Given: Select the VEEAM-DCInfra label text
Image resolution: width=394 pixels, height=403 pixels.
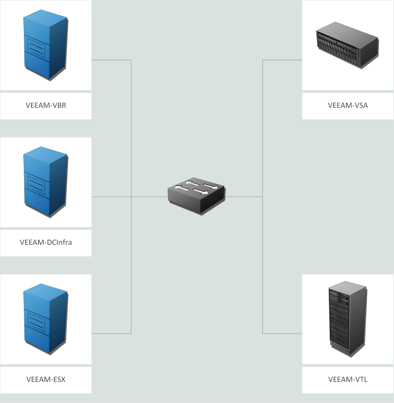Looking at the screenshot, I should [46, 242].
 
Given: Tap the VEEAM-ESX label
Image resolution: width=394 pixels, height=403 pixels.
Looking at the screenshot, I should [46, 379].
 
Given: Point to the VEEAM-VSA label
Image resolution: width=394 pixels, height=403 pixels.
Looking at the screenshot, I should [348, 106].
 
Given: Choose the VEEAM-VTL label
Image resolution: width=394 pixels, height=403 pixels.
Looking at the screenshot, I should [348, 379].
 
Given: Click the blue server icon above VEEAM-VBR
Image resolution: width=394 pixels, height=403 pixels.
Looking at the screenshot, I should [44, 46].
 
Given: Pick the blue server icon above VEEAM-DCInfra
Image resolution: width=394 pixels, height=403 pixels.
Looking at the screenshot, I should [44, 183].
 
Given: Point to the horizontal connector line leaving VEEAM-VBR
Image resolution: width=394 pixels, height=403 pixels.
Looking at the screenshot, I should [112, 60].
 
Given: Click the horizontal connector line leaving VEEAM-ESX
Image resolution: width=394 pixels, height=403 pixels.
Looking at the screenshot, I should [112, 333].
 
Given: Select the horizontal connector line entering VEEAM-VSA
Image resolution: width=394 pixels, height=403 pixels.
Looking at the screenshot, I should [282, 60].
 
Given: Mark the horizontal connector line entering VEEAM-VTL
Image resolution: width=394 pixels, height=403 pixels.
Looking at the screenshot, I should [282, 333].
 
